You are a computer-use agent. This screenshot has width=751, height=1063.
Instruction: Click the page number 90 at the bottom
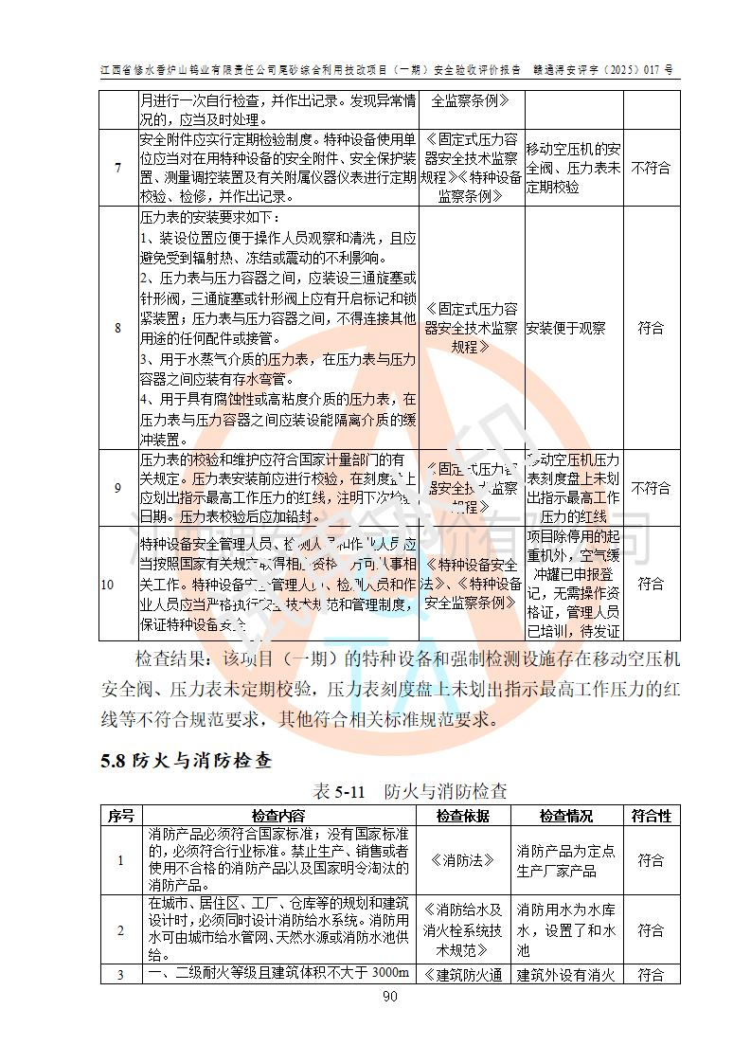point(389,996)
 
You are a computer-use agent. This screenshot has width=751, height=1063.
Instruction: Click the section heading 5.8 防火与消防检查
point(187,760)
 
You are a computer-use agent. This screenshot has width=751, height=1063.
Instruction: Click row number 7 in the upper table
point(118,169)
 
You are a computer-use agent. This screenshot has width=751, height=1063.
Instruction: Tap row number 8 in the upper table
point(118,328)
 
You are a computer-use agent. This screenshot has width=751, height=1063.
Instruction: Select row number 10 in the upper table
point(107,584)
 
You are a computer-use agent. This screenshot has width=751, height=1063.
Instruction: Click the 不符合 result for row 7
point(651,169)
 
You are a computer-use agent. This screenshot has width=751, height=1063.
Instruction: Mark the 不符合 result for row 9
point(651,488)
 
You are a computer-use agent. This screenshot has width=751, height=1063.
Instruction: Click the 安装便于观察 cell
point(565,329)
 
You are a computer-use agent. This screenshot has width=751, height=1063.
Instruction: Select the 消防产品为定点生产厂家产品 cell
point(566,860)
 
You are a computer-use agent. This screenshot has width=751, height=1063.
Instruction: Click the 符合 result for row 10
point(651,584)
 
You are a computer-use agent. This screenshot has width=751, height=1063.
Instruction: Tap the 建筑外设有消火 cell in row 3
point(566,974)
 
